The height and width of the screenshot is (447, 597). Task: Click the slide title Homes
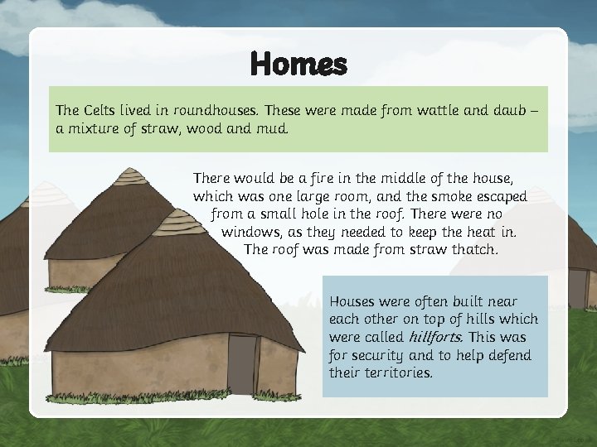[298, 63]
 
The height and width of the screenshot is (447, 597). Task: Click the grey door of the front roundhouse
[242, 364]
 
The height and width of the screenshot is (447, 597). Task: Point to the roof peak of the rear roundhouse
[130, 175]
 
